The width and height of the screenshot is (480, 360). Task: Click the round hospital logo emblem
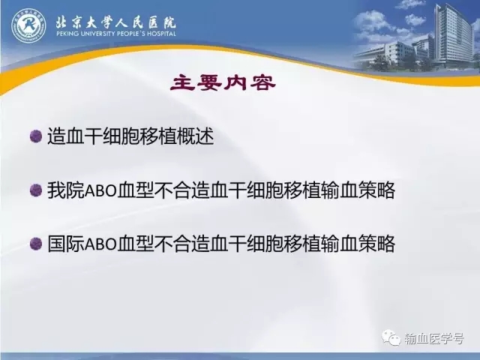coord(28,25)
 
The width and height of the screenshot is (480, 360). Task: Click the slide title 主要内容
coord(223,83)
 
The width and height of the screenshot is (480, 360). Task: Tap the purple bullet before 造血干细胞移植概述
coord(36,136)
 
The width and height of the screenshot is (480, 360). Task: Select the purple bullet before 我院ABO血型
coord(36,190)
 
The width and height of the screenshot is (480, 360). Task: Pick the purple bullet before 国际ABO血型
coord(36,244)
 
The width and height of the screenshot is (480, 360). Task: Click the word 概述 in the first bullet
coord(196,136)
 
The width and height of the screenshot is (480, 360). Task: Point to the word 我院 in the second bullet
coord(65,190)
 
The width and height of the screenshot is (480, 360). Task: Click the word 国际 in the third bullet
coord(65,244)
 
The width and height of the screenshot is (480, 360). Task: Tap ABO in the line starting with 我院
coord(100,190)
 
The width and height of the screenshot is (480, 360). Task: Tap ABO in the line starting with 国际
coord(100,244)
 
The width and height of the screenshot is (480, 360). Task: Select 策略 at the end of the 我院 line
coord(376,190)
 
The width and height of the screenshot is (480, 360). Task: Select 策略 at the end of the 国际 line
coord(376,244)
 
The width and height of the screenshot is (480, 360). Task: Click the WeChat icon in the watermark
coord(391,337)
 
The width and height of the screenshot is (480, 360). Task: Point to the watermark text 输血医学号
coord(434,338)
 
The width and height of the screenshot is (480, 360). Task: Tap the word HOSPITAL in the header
coord(162,34)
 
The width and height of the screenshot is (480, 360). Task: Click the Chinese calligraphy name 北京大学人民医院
coord(115,22)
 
